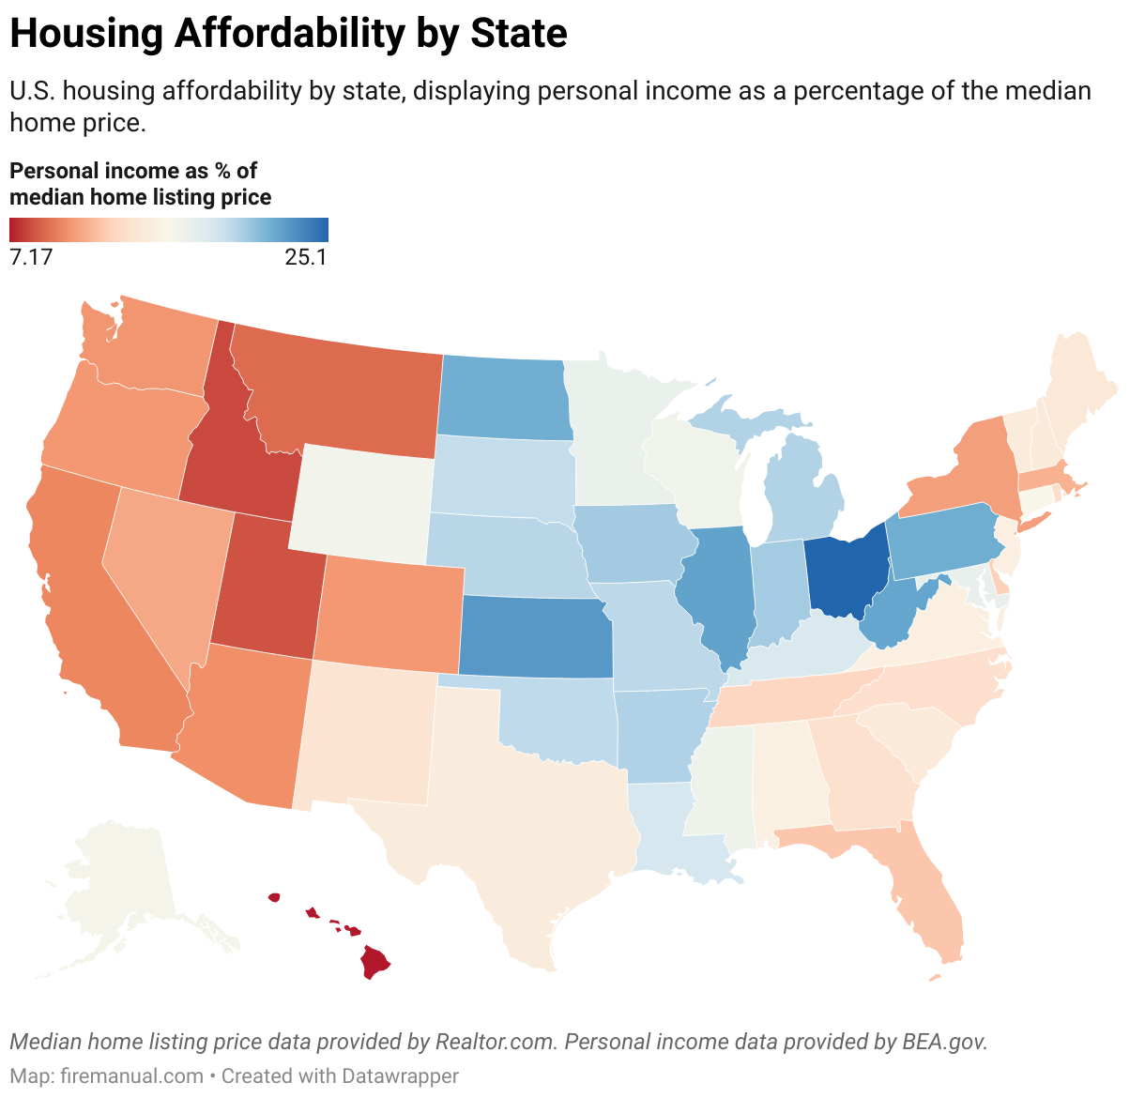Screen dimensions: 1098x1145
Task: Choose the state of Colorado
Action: (387, 610)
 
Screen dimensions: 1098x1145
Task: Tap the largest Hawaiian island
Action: (375, 962)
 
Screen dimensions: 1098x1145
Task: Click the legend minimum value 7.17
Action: (31, 257)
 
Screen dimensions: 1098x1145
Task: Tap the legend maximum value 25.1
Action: (306, 257)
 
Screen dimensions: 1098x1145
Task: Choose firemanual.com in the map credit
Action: (131, 1075)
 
